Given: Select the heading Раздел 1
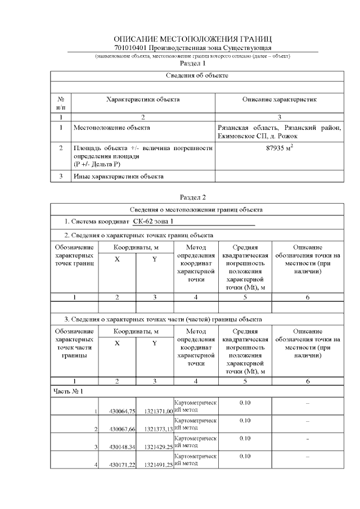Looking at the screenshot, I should pos(192,64).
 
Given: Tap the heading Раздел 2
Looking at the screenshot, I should pos(192,197).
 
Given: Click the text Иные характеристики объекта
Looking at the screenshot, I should pos(119,177).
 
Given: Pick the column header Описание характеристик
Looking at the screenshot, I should pos(279,100).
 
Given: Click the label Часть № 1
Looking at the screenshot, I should pos(69,390).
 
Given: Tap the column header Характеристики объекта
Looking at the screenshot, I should pos(143,100).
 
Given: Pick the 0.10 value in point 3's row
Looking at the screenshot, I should pos(245,438).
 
